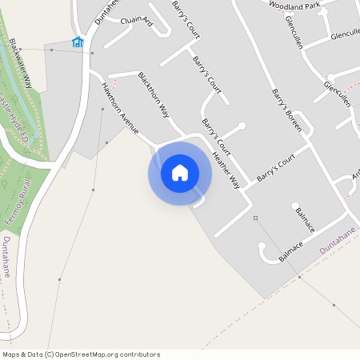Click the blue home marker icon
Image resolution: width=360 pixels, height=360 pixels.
[x=180, y=173]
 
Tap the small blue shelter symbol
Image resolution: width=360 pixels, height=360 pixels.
[x=78, y=42]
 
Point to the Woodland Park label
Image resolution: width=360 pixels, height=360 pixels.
[x=294, y=5]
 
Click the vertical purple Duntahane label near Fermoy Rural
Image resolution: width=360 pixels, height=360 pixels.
[x=6, y=257]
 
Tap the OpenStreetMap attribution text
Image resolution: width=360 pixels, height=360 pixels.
[x=81, y=354]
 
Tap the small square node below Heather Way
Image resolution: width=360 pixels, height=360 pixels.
[x=255, y=218]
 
